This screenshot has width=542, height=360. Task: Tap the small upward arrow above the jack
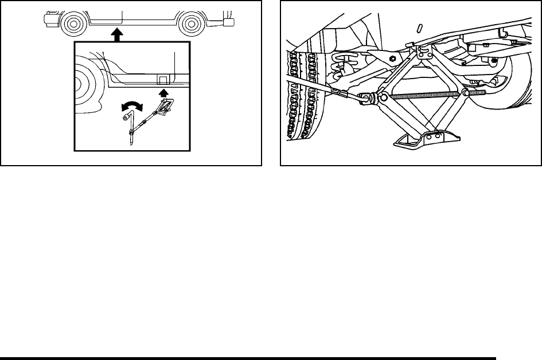pos(163,91)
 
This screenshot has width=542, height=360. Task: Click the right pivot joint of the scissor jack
pos(466,93)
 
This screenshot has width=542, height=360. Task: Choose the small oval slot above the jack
pos(419,28)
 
